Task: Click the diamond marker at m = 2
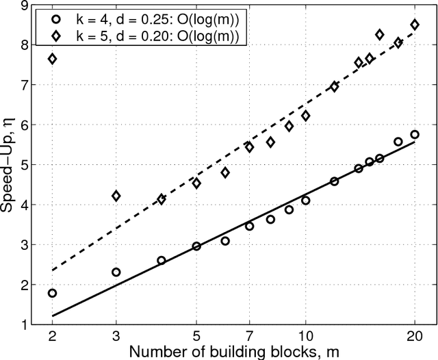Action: click(x=52, y=59)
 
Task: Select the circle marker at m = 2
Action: click(x=52, y=293)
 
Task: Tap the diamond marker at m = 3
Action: click(x=116, y=196)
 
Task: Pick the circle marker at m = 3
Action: click(x=116, y=272)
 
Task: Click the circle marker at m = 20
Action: click(x=414, y=134)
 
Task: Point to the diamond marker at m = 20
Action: click(x=414, y=25)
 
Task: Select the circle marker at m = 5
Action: click(x=196, y=246)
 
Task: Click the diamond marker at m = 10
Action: click(x=305, y=116)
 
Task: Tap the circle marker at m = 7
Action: click(x=249, y=226)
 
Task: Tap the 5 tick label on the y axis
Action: click(x=22, y=165)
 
